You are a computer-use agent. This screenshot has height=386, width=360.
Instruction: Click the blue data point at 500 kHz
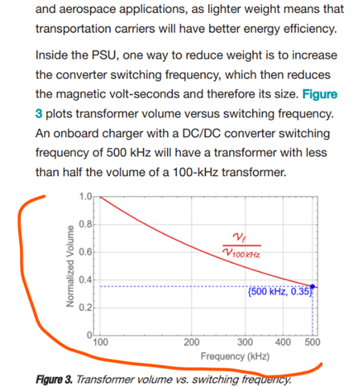[313, 286]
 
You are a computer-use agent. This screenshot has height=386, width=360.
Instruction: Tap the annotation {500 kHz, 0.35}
[280, 291]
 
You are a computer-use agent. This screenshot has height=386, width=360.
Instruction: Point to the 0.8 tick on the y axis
[85, 224]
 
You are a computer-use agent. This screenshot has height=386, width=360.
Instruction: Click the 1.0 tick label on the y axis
[85, 196]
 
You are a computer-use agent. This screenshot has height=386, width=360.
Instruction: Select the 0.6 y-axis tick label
[85, 252]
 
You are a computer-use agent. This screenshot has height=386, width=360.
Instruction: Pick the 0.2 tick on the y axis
[85, 307]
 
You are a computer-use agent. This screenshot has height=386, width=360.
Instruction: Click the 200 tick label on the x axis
[191, 343]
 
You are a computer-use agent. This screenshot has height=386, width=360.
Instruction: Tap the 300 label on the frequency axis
[245, 343]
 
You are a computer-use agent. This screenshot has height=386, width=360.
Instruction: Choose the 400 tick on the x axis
[283, 343]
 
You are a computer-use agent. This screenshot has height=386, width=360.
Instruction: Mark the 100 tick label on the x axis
[100, 343]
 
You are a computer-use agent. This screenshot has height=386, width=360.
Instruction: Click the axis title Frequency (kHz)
[235, 356]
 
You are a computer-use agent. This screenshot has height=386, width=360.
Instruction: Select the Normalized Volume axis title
[70, 266]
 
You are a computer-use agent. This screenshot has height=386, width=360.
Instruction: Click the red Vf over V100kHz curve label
[242, 245]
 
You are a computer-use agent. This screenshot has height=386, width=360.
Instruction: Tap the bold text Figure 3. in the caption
[54, 380]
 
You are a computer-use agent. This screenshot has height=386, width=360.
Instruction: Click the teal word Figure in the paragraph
[320, 94]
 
